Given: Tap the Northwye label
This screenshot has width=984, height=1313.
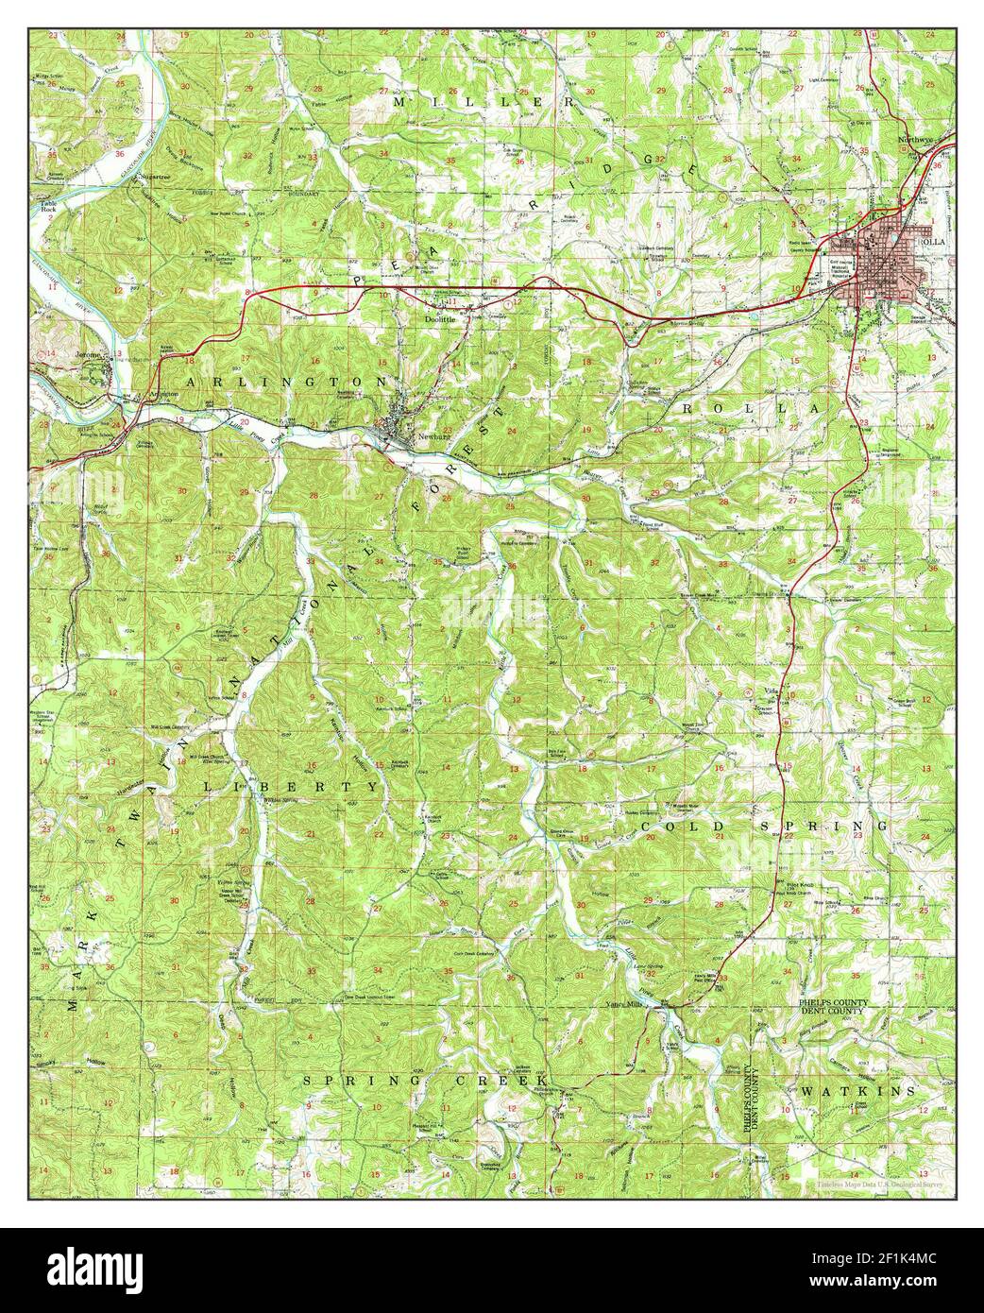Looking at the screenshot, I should point(914,140).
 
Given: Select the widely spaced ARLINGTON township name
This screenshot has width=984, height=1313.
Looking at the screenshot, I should point(286,381).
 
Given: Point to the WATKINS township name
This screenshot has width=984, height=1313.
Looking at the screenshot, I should point(857,1091).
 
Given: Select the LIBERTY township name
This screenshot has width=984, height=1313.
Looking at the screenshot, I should point(291,786).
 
